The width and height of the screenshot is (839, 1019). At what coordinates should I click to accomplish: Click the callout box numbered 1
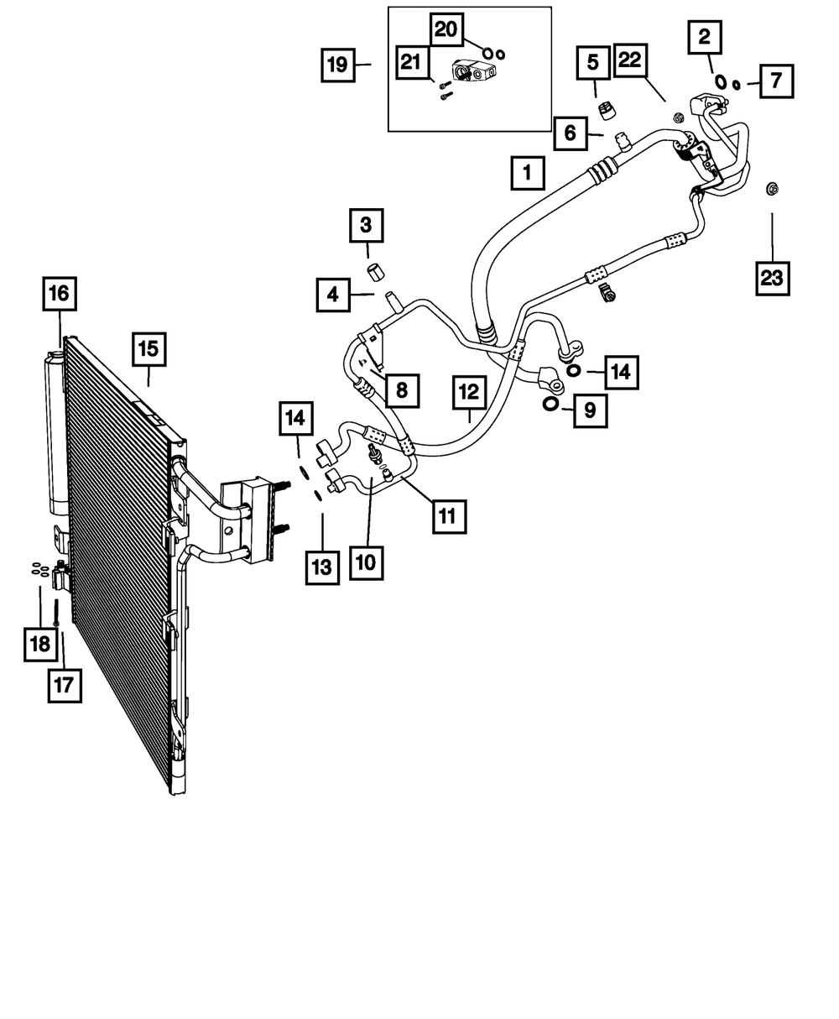tap(528, 175)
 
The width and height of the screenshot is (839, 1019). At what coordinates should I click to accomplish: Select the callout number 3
tap(367, 225)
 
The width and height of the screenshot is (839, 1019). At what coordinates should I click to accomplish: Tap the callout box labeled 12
tap(469, 391)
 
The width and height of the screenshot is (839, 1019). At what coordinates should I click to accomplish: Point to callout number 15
tap(149, 349)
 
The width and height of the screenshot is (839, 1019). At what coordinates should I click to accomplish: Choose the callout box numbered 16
tap(60, 296)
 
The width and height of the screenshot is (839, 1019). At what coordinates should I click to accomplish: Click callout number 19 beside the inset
tap(337, 65)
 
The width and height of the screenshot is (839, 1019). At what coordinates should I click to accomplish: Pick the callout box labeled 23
tap(771, 279)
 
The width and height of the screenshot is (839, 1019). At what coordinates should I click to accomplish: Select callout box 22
tap(633, 62)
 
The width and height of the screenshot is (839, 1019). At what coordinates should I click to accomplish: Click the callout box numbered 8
tap(401, 389)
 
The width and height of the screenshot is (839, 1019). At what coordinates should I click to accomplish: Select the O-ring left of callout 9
tap(550, 405)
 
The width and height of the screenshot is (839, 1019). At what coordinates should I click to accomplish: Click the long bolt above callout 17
tap(55, 613)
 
